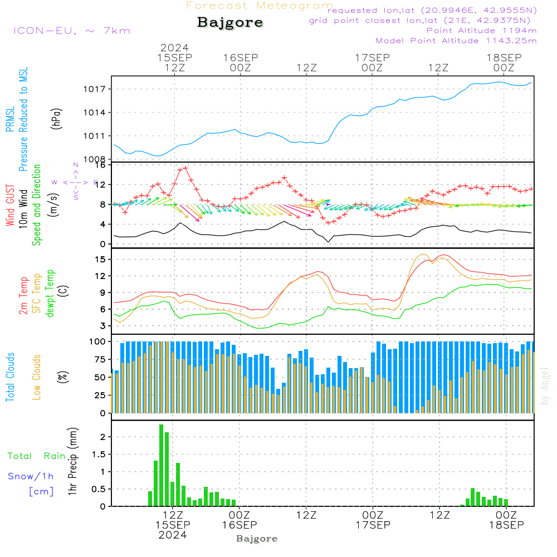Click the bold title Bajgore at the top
(230, 23)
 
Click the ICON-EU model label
(71, 31)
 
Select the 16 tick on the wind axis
(100, 165)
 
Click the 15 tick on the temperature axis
(100, 260)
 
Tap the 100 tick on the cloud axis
(98, 341)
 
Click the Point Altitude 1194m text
(481, 30)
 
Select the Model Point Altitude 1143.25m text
(456, 41)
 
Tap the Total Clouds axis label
(9, 377)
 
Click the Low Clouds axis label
(37, 377)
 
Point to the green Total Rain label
(36, 456)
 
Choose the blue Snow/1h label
(31, 477)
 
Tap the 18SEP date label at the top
(504, 58)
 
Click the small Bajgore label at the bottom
(257, 539)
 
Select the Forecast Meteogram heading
(260, 6)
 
